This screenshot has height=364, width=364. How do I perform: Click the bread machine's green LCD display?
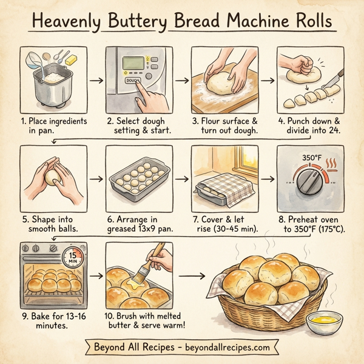point(134,63)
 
